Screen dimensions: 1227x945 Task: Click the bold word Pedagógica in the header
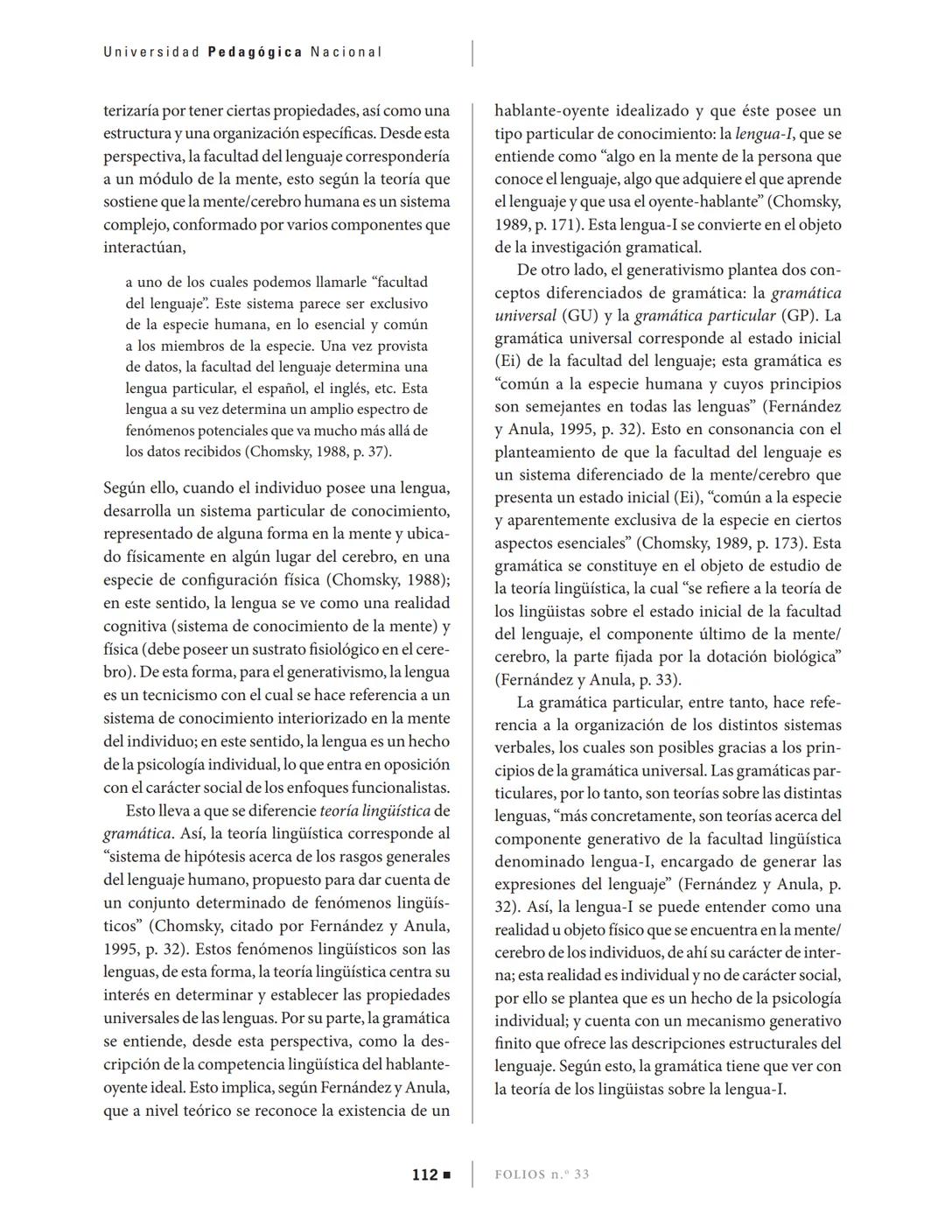[x=255, y=52]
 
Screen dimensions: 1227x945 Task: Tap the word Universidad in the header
[x=151, y=52]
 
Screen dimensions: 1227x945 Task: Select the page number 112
[x=424, y=1174]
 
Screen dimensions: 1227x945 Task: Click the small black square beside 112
[x=447, y=1174]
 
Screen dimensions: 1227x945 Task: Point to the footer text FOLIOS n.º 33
[x=542, y=1174]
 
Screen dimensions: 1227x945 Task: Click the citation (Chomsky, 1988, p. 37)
[x=318, y=452]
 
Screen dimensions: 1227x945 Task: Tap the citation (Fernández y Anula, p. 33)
[x=587, y=679]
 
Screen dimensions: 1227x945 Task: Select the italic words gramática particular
[x=704, y=315]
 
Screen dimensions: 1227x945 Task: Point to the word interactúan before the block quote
[x=144, y=247]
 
